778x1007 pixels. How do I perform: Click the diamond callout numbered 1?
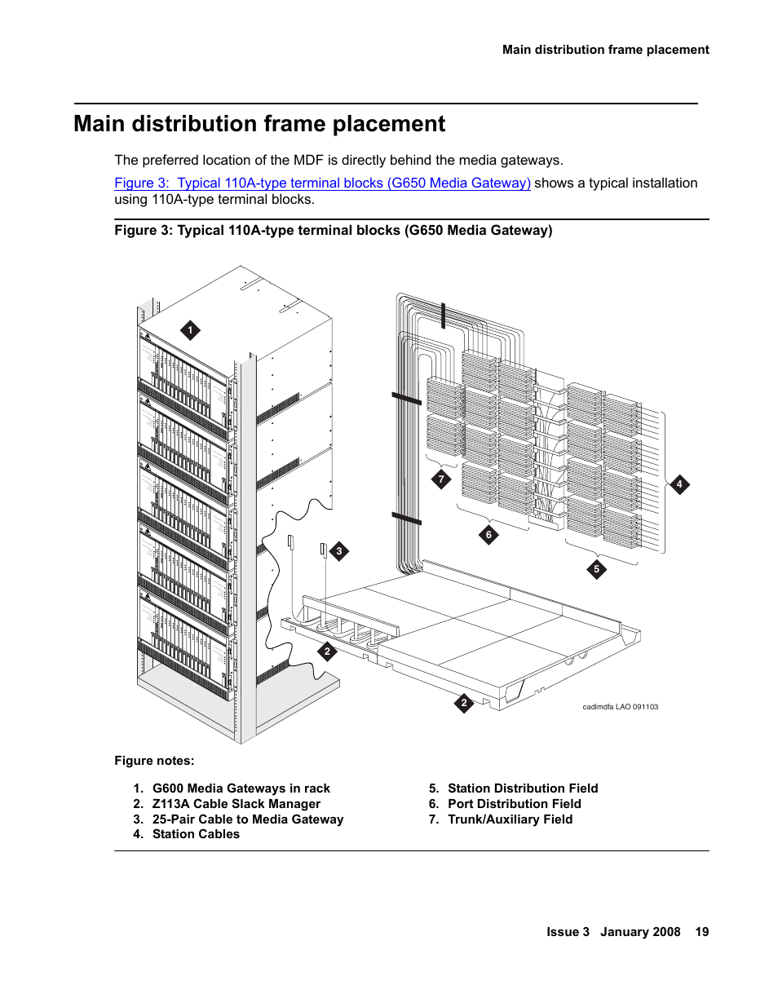point(190,330)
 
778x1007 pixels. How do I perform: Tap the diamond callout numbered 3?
point(339,551)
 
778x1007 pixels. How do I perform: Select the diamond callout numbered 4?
point(679,484)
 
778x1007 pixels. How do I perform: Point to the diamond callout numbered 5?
point(596,569)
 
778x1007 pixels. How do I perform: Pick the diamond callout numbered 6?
point(488,535)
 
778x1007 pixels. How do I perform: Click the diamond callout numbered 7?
point(441,479)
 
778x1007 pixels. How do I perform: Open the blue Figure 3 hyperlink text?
point(322,183)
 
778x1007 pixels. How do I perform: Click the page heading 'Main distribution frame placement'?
point(259,124)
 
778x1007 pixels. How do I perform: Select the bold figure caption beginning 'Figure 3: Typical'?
point(333,231)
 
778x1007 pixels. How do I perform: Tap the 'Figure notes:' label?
point(154,761)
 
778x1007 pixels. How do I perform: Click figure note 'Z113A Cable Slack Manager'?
point(236,804)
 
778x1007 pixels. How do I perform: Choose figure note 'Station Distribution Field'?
point(522,788)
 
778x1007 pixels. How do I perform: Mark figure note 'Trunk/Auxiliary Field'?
point(510,819)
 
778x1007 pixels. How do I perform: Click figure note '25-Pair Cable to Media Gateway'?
point(247,819)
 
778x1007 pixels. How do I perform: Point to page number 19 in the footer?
point(701,932)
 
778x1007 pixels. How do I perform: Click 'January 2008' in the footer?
point(640,932)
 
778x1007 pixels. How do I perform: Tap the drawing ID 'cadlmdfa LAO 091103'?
point(620,707)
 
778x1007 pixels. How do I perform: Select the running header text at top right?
point(605,50)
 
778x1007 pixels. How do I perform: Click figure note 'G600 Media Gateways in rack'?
point(241,788)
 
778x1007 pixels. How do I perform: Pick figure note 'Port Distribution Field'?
point(514,804)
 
